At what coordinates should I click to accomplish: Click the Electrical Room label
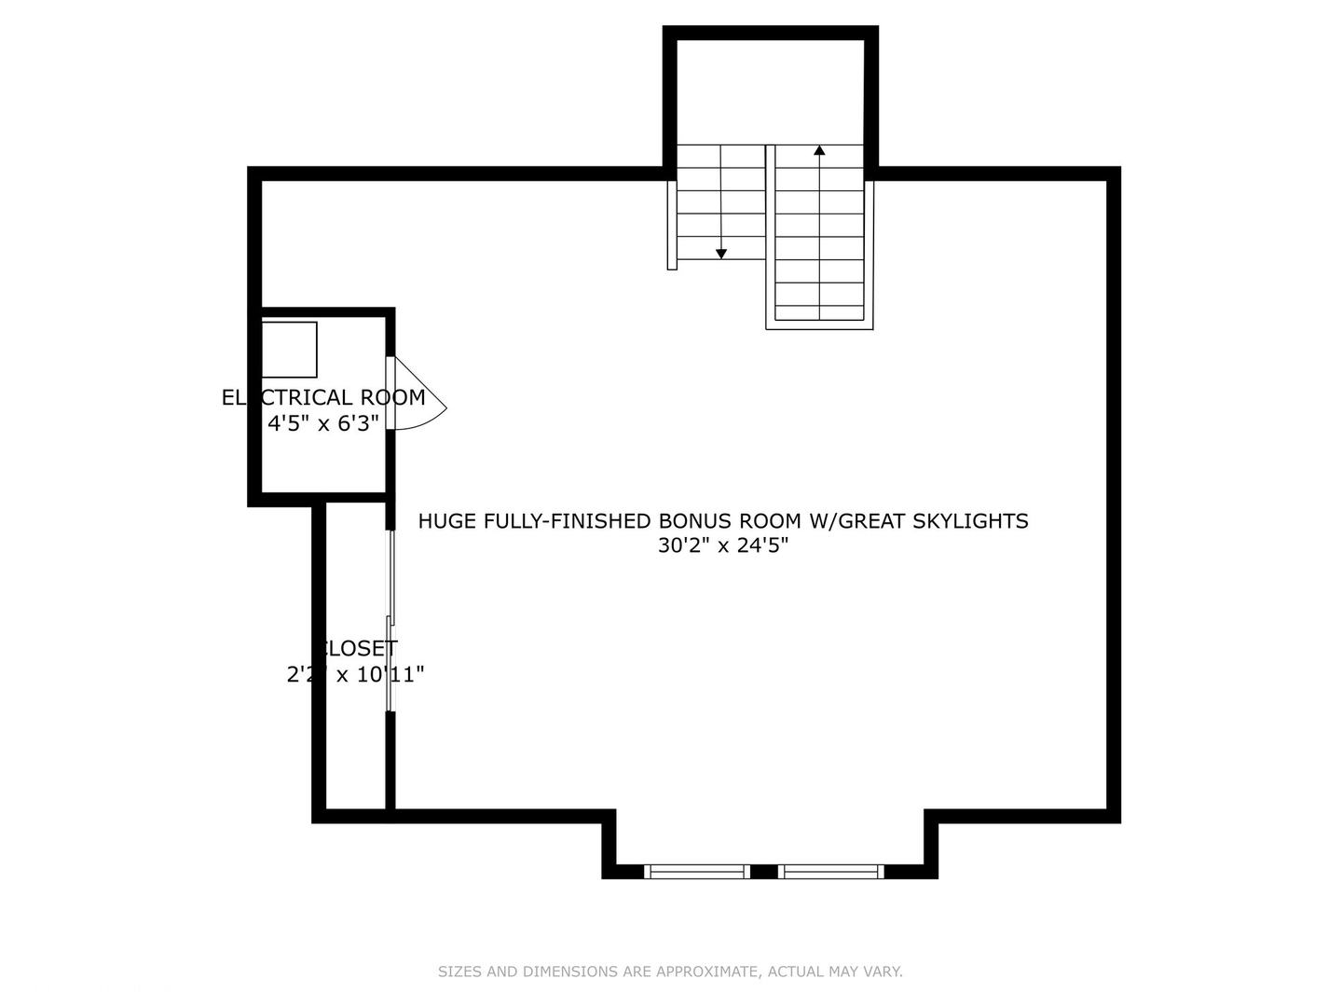coord(323,397)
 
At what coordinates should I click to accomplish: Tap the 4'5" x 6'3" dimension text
coord(323,423)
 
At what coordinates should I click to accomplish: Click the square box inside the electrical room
coord(289,350)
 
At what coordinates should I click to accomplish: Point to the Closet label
coord(356,648)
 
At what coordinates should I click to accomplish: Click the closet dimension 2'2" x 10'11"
coord(355,674)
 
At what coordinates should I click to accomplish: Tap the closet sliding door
coord(391,621)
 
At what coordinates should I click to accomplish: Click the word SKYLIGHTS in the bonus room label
coord(970,521)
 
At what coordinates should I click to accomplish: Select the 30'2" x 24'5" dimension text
coord(723,545)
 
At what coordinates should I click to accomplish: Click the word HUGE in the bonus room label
coord(446,521)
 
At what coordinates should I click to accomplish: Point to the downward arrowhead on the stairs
coord(721,254)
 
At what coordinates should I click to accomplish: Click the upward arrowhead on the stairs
coord(819,149)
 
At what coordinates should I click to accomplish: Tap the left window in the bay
coord(698,872)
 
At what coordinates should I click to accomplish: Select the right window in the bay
coord(831,872)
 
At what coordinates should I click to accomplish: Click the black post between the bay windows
coord(764,872)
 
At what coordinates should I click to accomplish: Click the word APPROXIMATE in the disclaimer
coord(708,972)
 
